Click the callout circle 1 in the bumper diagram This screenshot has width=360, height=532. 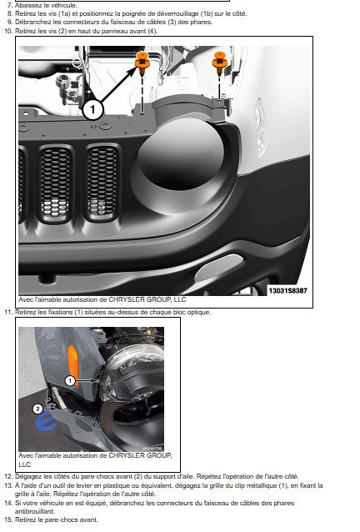click(x=92, y=109)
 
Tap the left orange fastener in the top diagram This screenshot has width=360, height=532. click(x=142, y=63)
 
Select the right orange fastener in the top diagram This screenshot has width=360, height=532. click(x=219, y=63)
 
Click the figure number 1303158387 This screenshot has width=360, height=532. click(x=287, y=291)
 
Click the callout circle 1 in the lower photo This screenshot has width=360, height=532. click(x=70, y=381)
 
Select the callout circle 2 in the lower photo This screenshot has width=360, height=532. click(x=37, y=409)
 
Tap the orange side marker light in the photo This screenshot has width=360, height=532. click(x=72, y=365)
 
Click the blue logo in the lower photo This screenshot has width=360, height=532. click(x=47, y=423)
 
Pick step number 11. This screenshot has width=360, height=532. click(x=8, y=312)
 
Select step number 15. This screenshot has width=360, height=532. click(x=8, y=519)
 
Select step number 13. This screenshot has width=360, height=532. click(x=8, y=485)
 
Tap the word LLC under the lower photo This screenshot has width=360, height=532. click(x=24, y=464)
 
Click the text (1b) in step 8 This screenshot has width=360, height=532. click(x=207, y=14)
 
